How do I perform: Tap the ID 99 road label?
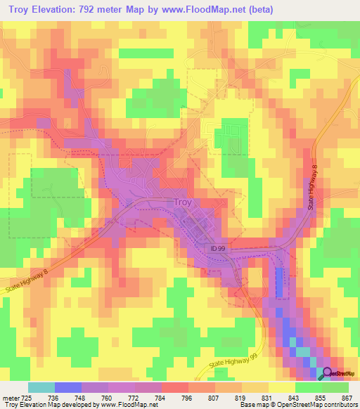click(x=219, y=248)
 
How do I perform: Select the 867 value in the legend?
click(x=347, y=397)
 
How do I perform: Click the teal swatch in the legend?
click(x=41, y=387)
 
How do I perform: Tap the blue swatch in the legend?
click(x=68, y=387)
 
